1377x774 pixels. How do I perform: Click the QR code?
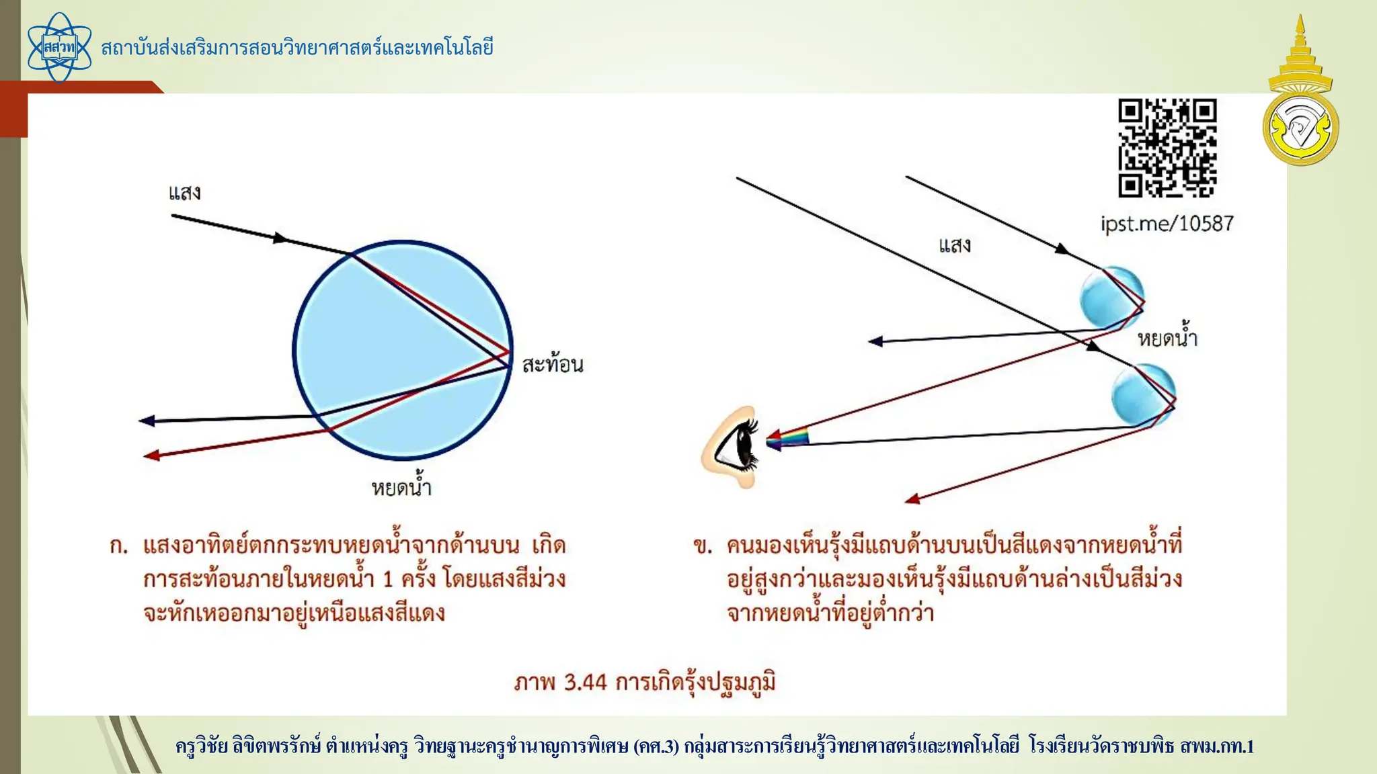1167,148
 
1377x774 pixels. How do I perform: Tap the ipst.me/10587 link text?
1167,223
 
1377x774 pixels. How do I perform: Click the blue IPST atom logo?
59,47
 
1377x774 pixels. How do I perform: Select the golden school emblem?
1300,94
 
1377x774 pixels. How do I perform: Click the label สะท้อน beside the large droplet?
553,364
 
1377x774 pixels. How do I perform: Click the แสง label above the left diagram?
184,193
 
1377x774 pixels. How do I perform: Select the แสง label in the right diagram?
955,245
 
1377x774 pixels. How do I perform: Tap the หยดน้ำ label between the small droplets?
1167,337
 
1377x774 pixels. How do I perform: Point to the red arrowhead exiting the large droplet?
152,456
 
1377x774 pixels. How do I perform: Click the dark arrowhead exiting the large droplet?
147,421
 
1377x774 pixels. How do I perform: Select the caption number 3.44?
585,682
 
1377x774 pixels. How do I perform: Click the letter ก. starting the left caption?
118,546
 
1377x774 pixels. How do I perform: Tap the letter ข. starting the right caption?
703,546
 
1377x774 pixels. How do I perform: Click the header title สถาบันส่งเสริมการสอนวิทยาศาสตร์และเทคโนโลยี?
297,48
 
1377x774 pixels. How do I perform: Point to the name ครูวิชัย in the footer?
202,746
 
